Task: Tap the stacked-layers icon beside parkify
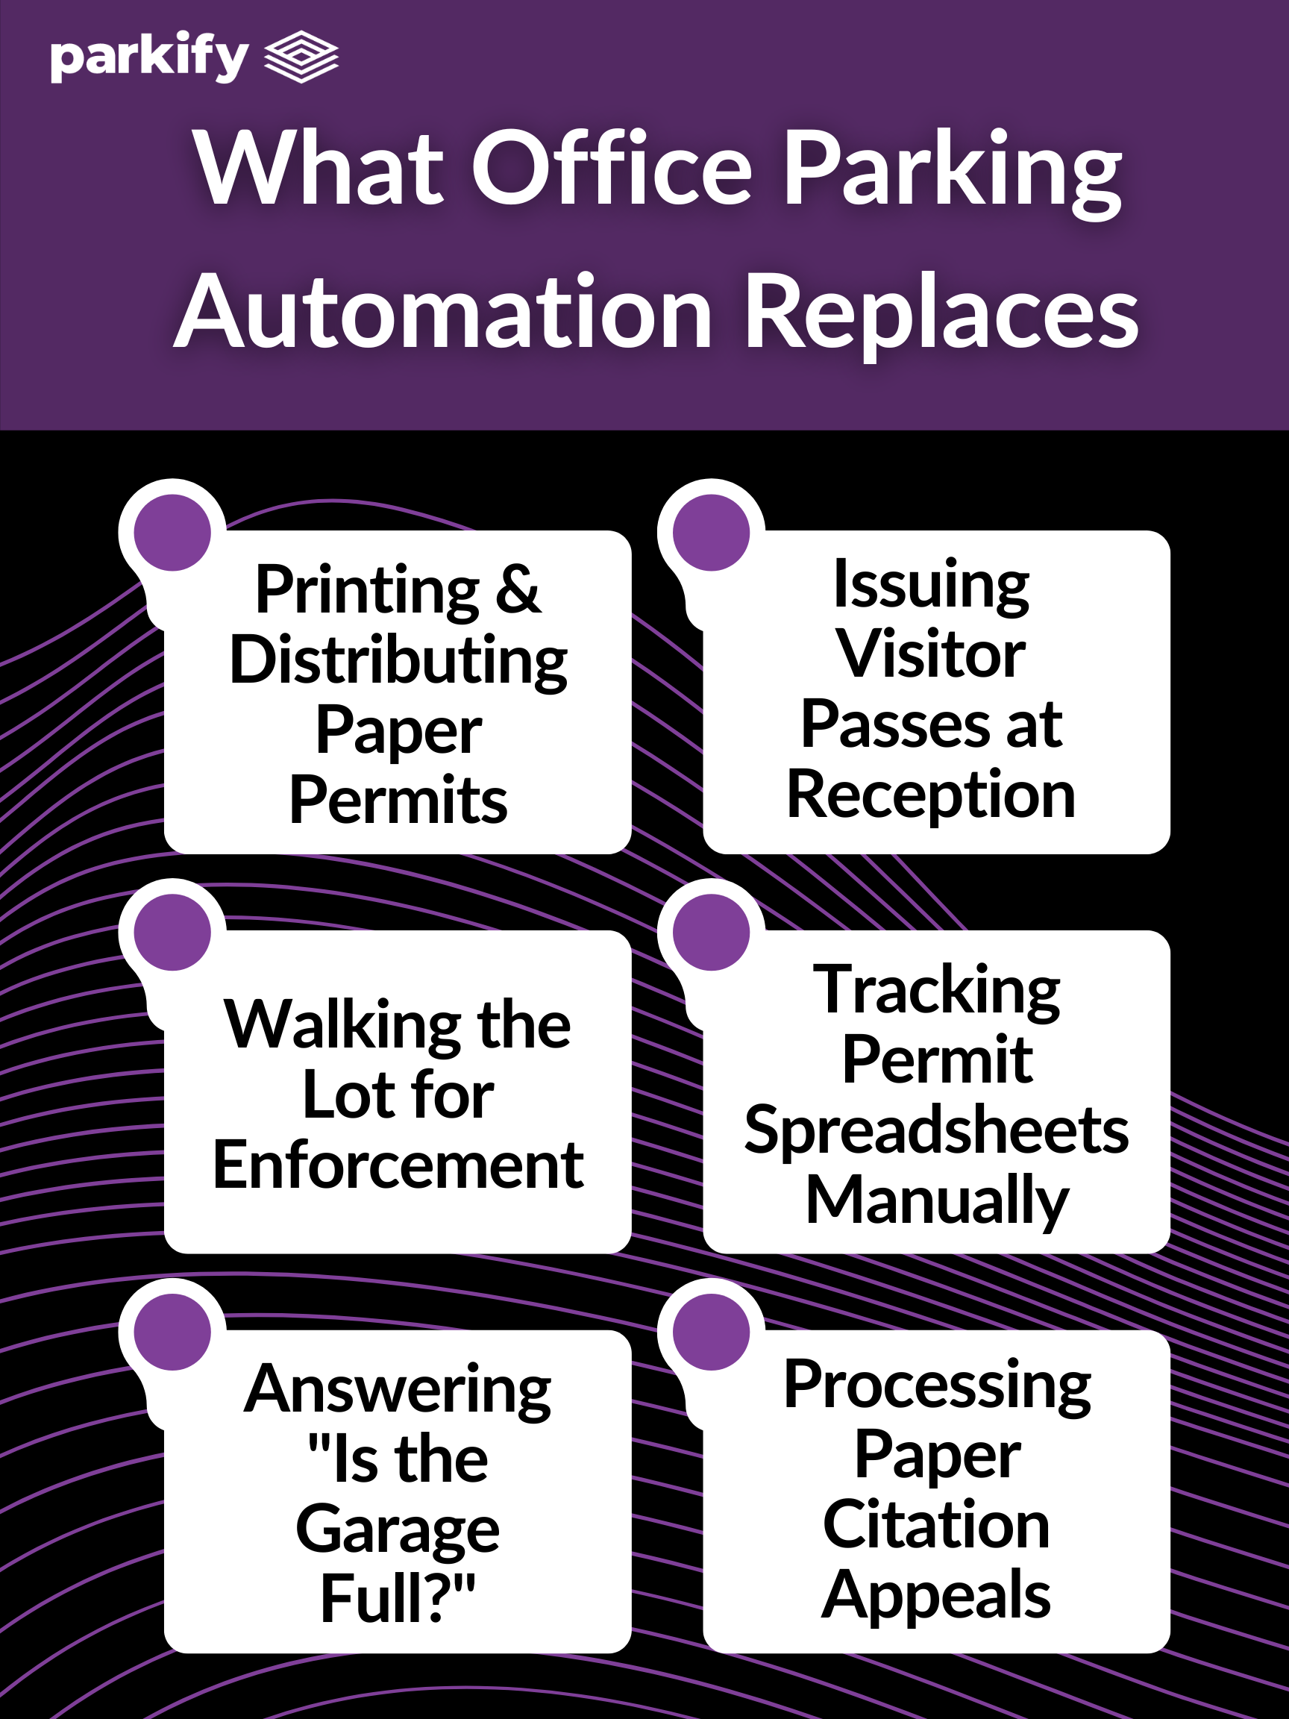point(301,56)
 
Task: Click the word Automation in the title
point(444,313)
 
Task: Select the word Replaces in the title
point(941,313)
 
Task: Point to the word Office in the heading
point(612,169)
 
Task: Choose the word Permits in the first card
point(398,801)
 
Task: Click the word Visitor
point(931,654)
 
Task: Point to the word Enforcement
point(398,1165)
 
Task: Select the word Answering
point(398,1389)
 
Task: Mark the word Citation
point(936,1525)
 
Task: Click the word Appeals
point(936,1595)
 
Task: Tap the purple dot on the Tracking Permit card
point(711,932)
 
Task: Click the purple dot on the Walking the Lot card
point(172,932)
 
